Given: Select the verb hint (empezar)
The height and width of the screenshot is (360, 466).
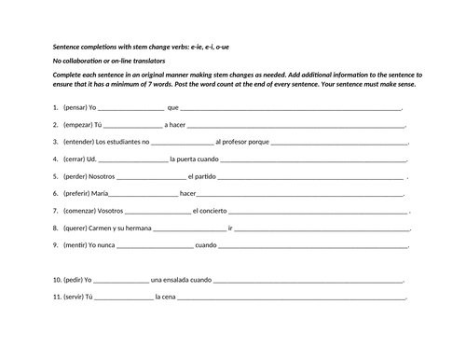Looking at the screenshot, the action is click(x=79, y=125).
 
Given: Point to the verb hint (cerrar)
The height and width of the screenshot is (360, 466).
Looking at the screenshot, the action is click(x=76, y=159).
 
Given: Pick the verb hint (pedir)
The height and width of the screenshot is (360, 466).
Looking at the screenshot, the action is click(x=74, y=279).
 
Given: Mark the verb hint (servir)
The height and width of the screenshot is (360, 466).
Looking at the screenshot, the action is click(x=75, y=297).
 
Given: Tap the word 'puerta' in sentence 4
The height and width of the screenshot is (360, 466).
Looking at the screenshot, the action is click(x=196, y=159).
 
